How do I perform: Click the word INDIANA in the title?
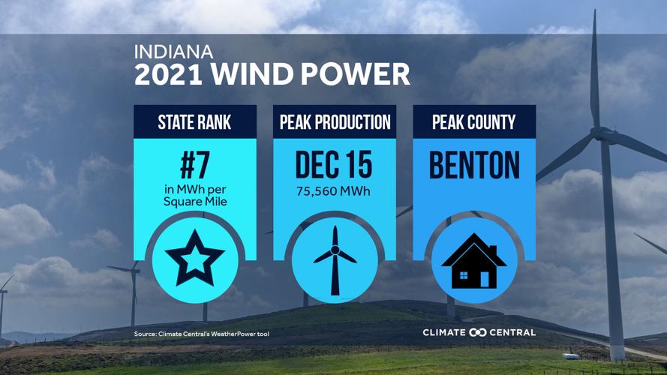[x=174, y=52]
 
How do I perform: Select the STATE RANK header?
[x=195, y=122]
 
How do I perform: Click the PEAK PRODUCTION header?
[x=335, y=122]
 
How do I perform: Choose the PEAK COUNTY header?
[x=474, y=122]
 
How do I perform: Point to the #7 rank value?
[x=195, y=163]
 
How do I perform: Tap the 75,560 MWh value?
[x=335, y=191]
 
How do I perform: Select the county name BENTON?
[x=474, y=165]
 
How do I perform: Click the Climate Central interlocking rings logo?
[x=477, y=332]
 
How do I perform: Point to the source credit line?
[x=201, y=334]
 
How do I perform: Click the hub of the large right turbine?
[x=602, y=134]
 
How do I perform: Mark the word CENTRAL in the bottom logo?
[x=513, y=332]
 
